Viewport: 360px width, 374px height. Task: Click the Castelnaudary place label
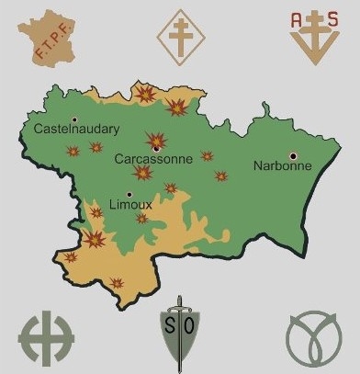point(76,130)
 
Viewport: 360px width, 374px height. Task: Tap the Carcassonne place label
point(153,159)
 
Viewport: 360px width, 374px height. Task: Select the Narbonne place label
point(282,166)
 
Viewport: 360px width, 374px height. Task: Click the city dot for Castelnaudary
point(73,119)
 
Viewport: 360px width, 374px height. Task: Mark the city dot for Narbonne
point(293,155)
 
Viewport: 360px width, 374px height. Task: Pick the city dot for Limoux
point(129,194)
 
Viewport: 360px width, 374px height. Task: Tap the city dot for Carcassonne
point(157,148)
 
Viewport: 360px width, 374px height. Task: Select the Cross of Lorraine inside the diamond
point(180,34)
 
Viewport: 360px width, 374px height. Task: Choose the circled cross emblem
point(45,334)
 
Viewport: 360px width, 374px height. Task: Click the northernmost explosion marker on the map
point(145,93)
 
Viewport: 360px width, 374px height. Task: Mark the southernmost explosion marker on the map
point(117,284)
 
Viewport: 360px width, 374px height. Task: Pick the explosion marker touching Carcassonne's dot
point(154,140)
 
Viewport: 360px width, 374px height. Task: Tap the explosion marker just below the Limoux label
point(142,219)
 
